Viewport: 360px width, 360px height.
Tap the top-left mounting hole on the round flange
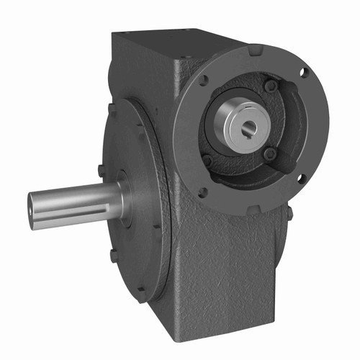point(205,81)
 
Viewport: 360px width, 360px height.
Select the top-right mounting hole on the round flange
point(302,73)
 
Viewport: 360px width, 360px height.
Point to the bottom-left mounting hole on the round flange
point(202,192)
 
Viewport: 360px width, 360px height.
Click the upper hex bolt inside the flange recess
point(269,86)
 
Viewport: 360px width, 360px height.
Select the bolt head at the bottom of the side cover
point(141,292)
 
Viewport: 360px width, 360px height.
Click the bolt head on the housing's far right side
point(289,212)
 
